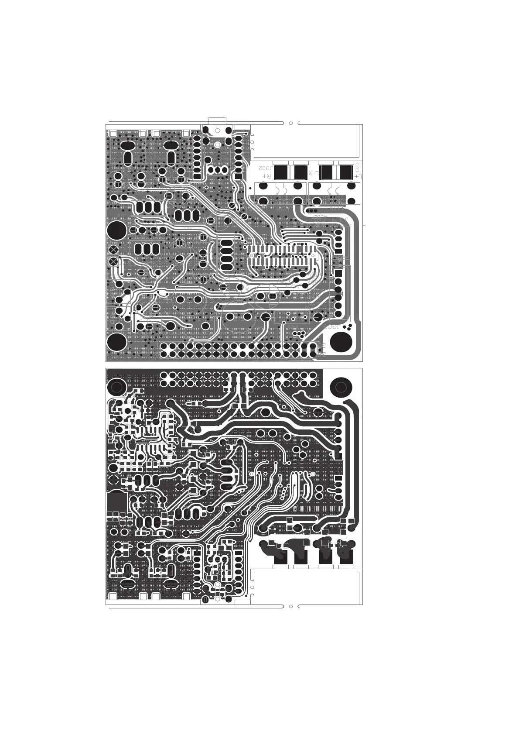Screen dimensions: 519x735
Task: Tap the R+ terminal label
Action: pos(266,175)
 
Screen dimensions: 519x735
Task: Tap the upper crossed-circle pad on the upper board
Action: pos(114,250)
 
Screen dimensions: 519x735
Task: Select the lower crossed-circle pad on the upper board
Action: pos(114,261)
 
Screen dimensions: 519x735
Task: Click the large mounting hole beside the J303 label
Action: pos(341,341)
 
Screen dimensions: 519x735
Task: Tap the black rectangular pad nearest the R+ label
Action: pos(280,172)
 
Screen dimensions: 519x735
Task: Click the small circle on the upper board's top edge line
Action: pos(291,123)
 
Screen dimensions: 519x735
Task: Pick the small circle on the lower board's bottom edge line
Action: pos(291,606)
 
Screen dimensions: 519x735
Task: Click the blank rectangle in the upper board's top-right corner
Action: pos(307,141)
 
